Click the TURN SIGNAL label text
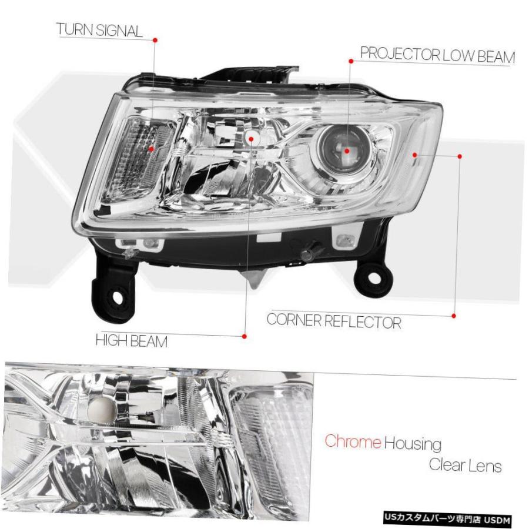[99, 30]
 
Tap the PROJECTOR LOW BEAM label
[437, 55]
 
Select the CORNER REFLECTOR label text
[334, 321]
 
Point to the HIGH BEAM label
[132, 340]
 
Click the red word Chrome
[353, 441]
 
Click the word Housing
[413, 443]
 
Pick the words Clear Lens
[466, 466]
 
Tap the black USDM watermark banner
[447, 518]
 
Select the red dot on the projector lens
[347, 151]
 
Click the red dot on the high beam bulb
[250, 139]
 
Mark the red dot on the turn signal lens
[152, 149]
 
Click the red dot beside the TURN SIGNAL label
[155, 40]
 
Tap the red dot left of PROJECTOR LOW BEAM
[351, 61]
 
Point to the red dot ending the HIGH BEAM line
[245, 336]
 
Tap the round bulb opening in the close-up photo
[102, 410]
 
